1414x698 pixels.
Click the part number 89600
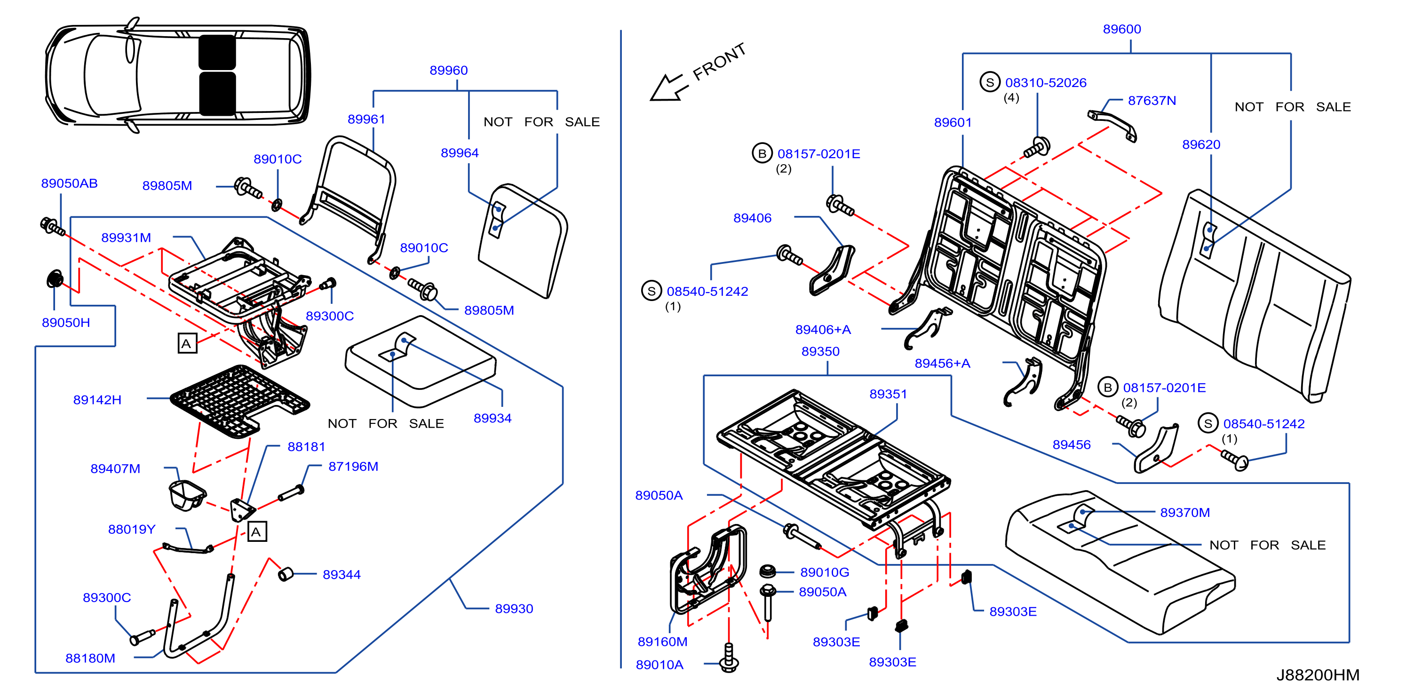coord(1121,29)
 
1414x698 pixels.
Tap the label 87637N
coord(1152,101)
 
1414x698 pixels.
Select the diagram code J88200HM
coord(1318,675)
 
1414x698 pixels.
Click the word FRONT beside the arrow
coord(719,62)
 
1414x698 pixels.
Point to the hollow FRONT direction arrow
coord(668,88)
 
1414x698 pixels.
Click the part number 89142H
coord(97,400)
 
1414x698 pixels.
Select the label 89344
coord(342,575)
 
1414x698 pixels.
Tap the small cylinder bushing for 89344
coord(286,574)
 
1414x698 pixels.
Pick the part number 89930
coord(514,609)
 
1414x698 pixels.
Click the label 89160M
coord(662,642)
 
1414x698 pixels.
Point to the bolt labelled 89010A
coord(729,658)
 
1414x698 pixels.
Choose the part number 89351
coord(888,394)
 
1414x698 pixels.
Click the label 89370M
coord(1184,513)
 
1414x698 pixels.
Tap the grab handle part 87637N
coord(1112,125)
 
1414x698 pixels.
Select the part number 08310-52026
coord(1046,83)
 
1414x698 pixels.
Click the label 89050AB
coord(69,183)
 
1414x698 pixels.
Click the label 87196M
coord(353,467)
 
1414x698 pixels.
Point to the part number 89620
coord(1201,144)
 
